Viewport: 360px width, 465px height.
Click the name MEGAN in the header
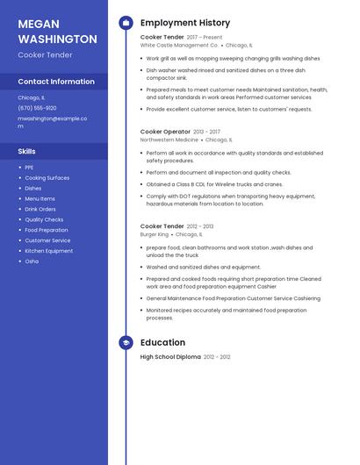tap(38, 24)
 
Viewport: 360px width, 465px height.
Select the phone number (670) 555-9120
tap(37, 108)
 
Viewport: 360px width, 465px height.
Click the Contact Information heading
tap(56, 82)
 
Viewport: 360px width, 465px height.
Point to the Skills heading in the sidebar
tap(26, 151)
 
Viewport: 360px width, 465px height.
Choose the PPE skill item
tap(29, 168)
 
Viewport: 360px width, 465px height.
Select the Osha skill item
tap(32, 261)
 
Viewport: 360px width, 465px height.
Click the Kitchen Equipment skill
tap(48, 250)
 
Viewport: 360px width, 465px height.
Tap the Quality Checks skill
tap(44, 219)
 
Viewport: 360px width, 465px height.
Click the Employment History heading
tap(185, 23)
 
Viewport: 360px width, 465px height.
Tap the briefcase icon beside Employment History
tap(126, 23)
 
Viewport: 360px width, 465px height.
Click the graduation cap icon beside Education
tap(126, 342)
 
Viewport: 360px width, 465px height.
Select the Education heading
tap(162, 342)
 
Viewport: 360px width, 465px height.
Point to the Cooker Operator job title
tap(165, 132)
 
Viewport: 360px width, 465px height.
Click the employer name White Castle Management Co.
tap(179, 45)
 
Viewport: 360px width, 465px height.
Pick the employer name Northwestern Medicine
tap(169, 139)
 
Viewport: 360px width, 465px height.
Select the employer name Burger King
tap(154, 234)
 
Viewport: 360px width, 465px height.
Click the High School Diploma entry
tap(170, 357)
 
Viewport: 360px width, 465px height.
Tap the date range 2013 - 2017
tap(206, 132)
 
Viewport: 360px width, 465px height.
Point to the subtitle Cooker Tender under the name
tap(46, 54)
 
